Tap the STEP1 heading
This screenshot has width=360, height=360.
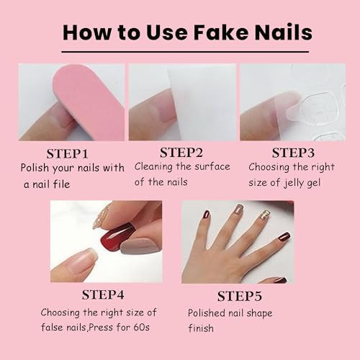68,154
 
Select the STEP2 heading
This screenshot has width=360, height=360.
181,153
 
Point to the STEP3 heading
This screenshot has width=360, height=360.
293,153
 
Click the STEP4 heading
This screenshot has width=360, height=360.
103,294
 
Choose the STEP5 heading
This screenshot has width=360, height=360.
240,296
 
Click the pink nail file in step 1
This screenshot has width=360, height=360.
88,102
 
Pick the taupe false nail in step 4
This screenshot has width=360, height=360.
140,246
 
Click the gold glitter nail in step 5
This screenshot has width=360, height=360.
265,215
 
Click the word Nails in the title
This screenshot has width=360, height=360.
284,32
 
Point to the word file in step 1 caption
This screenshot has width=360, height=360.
61,184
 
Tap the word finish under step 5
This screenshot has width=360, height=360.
201,328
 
